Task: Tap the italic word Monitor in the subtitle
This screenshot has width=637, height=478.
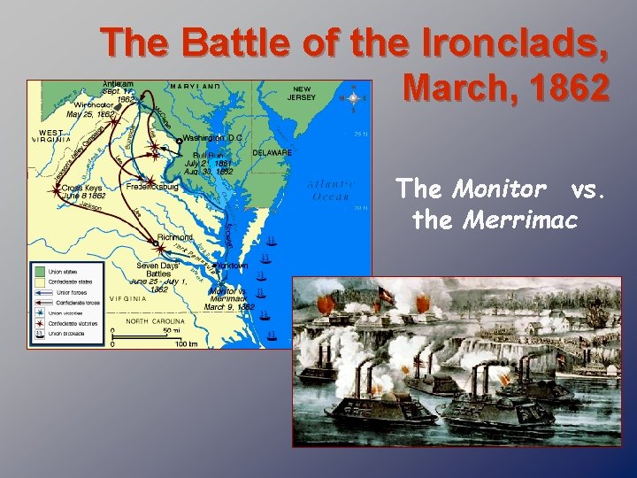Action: pyautogui.click(x=502, y=189)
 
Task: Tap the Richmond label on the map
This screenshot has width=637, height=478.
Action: pyautogui.click(x=175, y=237)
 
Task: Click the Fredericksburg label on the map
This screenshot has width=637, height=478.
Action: pyautogui.click(x=154, y=188)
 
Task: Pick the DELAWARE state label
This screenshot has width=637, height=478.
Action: pyautogui.click(x=272, y=152)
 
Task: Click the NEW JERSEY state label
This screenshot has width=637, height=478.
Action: pyautogui.click(x=303, y=94)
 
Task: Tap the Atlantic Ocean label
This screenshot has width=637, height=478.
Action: pyautogui.click(x=331, y=190)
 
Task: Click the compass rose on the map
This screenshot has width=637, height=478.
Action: pyautogui.click(x=353, y=97)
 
